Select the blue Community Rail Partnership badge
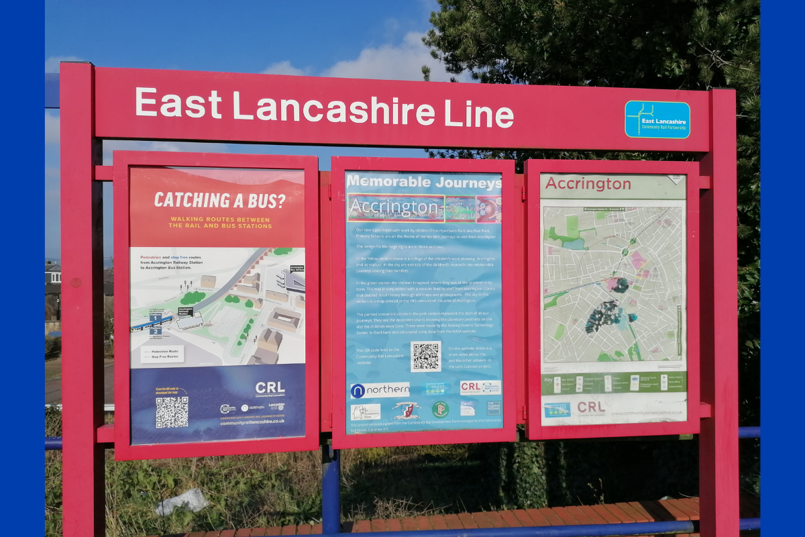coord(657,119)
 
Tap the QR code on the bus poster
coord(172,411)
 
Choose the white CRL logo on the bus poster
coord(270,389)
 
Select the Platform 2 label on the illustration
coord(156,331)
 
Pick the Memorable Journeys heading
coord(423,182)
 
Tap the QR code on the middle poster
coord(425,356)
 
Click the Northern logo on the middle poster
coord(380,390)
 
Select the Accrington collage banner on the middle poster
coord(424,209)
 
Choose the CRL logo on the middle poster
coord(480,387)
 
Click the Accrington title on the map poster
coord(588,184)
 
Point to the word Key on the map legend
coord(549,380)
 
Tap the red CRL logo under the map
coord(591,407)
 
